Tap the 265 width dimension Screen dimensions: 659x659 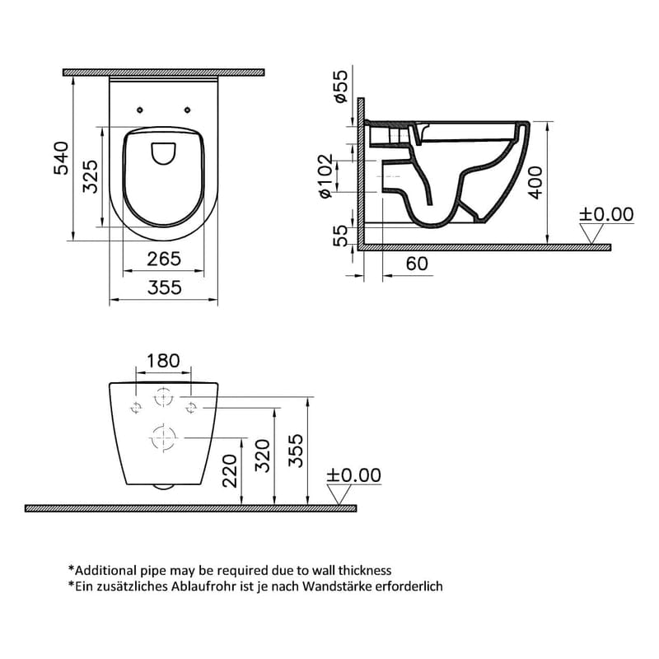coord(164,259)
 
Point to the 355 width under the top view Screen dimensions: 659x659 coord(164,287)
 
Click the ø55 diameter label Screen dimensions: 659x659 coord(340,86)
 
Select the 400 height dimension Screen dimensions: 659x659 coord(535,182)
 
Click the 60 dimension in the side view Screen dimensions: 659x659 coord(418,263)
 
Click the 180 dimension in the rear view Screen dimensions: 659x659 coord(162,360)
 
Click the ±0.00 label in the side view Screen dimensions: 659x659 coord(606,214)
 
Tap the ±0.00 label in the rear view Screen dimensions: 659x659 coord(354,475)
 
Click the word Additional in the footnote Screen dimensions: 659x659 coord(107,570)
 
